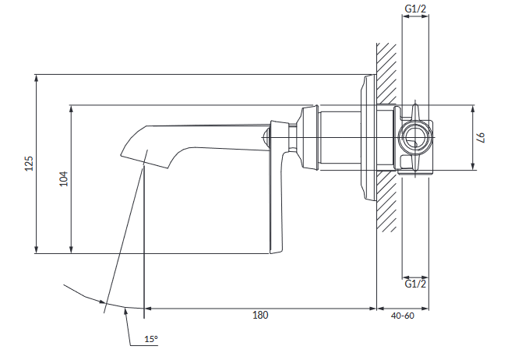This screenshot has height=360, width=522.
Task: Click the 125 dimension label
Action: (30, 163)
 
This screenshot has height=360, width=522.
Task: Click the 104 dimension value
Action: (64, 179)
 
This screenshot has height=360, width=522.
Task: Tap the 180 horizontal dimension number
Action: (260, 315)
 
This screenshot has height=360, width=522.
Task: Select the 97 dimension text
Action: (481, 137)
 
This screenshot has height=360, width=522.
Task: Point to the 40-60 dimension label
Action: (403, 316)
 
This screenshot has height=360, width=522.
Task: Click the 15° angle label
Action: (151, 339)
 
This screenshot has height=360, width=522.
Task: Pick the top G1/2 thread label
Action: (415, 9)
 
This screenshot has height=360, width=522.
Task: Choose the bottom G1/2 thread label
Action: (415, 284)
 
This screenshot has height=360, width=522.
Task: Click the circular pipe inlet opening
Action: (414, 137)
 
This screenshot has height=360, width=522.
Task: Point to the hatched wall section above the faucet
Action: (387, 73)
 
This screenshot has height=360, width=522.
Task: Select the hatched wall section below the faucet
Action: (387, 201)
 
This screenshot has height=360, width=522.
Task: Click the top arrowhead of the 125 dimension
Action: (37, 78)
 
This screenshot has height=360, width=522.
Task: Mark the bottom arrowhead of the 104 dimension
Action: (71, 250)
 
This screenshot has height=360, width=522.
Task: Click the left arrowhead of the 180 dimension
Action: (148, 309)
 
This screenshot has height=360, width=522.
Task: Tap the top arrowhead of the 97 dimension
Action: (473, 109)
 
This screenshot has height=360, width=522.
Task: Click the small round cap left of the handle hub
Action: (266, 137)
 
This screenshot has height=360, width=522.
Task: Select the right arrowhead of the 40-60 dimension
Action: (425, 309)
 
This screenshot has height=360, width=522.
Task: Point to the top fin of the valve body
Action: (414, 110)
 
